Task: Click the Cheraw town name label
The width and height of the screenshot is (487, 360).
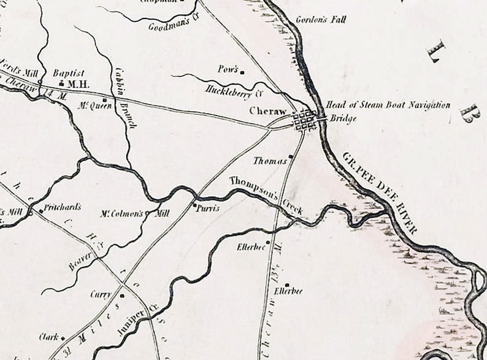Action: tap(268, 111)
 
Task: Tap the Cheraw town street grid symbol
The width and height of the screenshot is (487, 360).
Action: tap(304, 120)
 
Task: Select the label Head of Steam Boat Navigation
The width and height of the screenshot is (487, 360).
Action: tap(388, 105)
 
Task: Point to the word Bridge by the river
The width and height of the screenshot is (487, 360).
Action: tap(343, 118)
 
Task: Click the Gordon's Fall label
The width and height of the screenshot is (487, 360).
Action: tap(320, 20)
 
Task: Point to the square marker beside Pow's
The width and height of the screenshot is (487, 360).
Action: tap(242, 72)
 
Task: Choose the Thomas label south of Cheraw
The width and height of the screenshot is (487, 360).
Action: tap(270, 161)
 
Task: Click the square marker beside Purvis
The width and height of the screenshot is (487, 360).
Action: tap(194, 205)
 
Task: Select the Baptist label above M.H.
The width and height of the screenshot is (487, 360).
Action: tap(68, 72)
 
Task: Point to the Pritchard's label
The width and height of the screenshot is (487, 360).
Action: tap(62, 207)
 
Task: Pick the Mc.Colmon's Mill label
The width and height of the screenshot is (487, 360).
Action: tap(134, 214)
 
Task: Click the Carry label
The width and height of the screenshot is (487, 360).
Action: tap(101, 294)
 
